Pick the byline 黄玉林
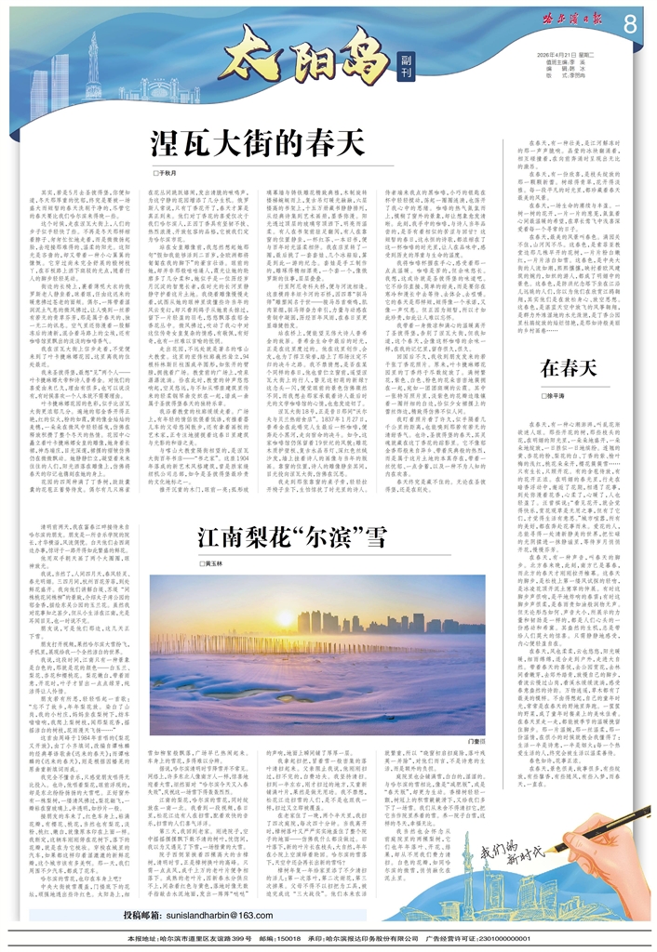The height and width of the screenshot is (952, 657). pos(215,589)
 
